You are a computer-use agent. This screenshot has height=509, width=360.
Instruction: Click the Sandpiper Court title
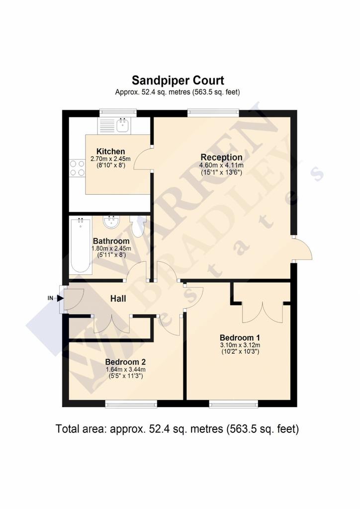point(178,80)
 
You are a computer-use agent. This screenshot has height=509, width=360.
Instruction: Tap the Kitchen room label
point(111,151)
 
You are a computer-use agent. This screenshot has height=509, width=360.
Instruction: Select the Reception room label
point(221,157)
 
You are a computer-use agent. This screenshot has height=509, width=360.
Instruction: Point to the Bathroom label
point(111,241)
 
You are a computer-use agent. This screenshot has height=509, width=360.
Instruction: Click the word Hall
point(118,299)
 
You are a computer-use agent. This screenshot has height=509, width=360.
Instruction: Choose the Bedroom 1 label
point(240,338)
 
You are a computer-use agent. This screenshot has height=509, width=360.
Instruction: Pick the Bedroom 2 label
point(125,362)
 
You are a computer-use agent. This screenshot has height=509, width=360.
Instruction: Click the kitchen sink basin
point(123,125)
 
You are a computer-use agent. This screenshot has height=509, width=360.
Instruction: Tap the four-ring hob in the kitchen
point(77,168)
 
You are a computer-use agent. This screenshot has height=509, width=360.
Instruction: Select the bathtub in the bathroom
point(81,246)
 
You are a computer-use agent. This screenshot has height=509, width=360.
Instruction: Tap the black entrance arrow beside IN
point(60,298)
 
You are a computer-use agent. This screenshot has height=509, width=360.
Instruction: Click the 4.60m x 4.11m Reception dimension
point(221,165)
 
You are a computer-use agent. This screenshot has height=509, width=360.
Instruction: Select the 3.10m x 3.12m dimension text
point(240,345)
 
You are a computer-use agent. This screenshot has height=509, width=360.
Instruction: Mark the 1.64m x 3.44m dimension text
point(125,369)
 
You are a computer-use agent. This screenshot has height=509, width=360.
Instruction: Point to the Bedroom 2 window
point(131,404)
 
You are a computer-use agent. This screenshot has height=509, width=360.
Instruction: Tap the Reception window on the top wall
point(213,113)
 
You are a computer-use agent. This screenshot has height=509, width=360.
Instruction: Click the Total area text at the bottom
point(177,429)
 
